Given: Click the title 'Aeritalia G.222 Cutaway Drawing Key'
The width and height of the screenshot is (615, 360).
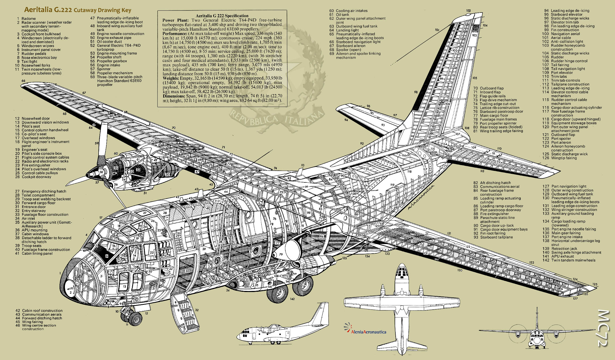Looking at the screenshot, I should (x=77, y=10).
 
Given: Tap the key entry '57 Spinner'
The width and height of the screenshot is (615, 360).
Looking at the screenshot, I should (x=104, y=69).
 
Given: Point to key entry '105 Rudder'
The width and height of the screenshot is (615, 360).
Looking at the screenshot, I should (x=557, y=57).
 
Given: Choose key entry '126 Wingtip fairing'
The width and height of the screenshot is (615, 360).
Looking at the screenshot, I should (x=564, y=158).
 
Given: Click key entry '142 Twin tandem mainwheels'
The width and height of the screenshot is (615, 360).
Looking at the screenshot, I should (x=573, y=260).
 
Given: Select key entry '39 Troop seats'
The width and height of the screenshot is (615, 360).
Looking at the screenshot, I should (x=32, y=246).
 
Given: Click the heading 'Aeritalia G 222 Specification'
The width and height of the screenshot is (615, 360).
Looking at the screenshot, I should (x=222, y=16).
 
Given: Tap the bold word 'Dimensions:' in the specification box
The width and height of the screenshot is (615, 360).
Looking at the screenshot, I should (x=174, y=96).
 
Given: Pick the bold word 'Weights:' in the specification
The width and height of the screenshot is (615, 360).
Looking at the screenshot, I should (x=171, y=78).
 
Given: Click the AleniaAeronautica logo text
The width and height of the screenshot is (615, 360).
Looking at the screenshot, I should (x=368, y=332).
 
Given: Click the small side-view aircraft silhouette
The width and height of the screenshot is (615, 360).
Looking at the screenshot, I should (x=283, y=325).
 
